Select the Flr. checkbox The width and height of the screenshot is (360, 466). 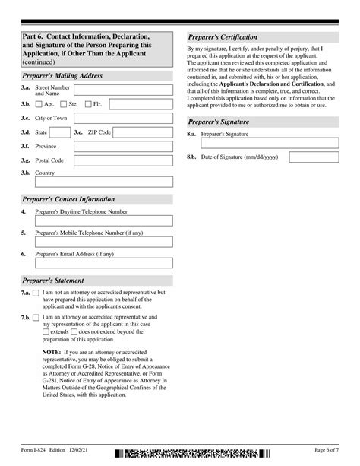click(89, 104)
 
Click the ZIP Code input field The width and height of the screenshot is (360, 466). click(144, 132)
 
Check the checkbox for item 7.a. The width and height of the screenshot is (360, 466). click(37, 293)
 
